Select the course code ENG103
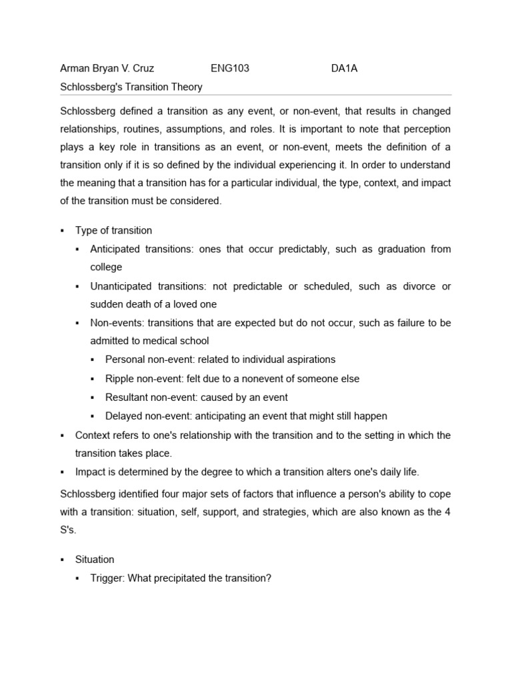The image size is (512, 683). [x=230, y=68]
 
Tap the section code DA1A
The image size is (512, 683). [x=345, y=68]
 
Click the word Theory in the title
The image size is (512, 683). [x=187, y=87]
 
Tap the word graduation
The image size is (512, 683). [x=390, y=249]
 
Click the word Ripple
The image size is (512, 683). [x=119, y=379]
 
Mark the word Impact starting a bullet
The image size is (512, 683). [x=91, y=472]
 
